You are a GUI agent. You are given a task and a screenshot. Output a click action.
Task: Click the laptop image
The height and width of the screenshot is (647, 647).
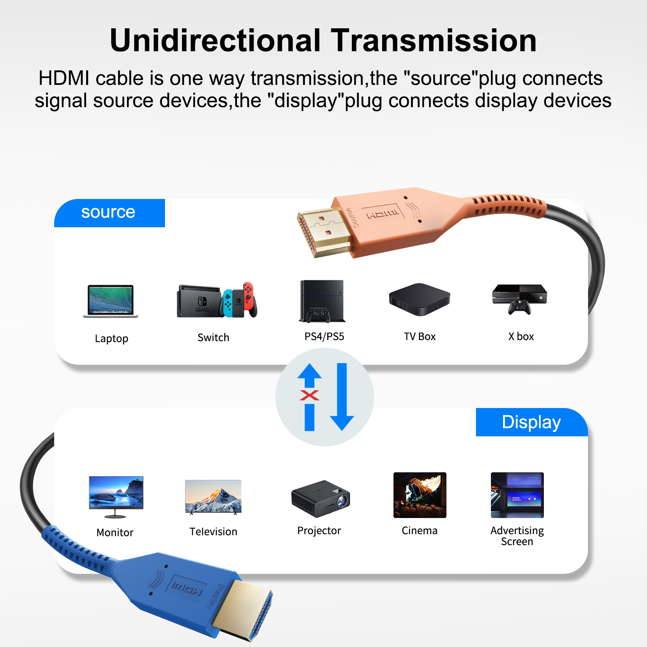coord(110,301)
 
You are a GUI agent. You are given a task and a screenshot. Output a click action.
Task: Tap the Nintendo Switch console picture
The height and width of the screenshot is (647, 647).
coord(217,300)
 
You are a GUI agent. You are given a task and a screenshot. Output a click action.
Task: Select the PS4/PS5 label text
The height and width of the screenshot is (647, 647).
coord(324,336)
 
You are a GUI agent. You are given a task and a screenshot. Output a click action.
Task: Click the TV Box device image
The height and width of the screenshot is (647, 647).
coord(419,299)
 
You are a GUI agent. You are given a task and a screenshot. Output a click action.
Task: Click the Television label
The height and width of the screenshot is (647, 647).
coord(214,531)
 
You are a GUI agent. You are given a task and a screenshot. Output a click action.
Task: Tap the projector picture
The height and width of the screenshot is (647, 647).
coord(321,499)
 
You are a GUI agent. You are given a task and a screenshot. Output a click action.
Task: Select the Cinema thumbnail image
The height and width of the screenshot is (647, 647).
coord(420,495)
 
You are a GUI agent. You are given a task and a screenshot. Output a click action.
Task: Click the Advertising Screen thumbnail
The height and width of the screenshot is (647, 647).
coord(517,495)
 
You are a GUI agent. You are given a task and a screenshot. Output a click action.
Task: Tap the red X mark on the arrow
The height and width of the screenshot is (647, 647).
coord(309,395)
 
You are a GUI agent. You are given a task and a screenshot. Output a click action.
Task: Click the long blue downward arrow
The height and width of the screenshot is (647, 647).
coord(342,397)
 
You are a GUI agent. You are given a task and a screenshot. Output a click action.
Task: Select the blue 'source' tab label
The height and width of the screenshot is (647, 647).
coord(108,212)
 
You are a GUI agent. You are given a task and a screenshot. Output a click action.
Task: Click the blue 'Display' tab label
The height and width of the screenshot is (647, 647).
coord(531,422)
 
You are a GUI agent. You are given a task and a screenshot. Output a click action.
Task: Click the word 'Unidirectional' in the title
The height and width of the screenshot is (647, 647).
coord(215,40)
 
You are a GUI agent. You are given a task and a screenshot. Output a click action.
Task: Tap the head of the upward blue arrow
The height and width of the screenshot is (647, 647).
coord(309,371)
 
